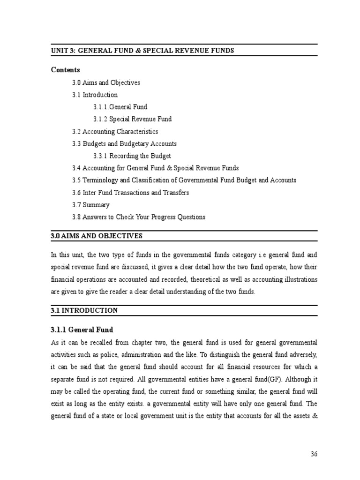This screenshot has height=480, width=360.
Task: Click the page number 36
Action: pyautogui.click(x=314, y=454)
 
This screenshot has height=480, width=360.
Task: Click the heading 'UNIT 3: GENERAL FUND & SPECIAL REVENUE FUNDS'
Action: pyautogui.click(x=142, y=50)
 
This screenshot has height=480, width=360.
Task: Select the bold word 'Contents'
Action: pyautogui.click(x=65, y=70)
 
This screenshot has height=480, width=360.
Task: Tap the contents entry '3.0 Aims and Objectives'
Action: pyautogui.click(x=106, y=82)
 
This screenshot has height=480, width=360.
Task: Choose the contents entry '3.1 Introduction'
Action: pyautogui.click(x=95, y=95)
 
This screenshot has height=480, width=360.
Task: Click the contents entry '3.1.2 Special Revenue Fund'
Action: pyautogui.click(x=132, y=119)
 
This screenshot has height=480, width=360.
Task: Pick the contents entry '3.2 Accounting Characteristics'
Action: pyautogui.click(x=115, y=131)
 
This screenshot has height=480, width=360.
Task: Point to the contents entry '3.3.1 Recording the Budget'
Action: pyautogui.click(x=132, y=156)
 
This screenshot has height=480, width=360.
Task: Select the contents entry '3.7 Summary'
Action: pyautogui.click(x=90, y=205)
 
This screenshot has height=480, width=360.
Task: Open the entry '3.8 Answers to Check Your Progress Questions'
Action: pyautogui.click(x=138, y=217)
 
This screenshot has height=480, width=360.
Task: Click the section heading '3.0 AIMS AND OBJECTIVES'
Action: pyautogui.click(x=97, y=236)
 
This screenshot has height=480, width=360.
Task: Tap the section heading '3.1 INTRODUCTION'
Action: pyautogui.click(x=84, y=310)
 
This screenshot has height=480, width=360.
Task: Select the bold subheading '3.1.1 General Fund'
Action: pyautogui.click(x=82, y=330)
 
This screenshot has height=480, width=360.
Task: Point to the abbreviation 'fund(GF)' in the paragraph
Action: pyautogui.click(x=264, y=379)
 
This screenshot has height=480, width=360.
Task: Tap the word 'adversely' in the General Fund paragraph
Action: pyautogui.click(x=302, y=354)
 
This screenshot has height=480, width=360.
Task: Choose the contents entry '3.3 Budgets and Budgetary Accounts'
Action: pyautogui.click(x=124, y=143)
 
